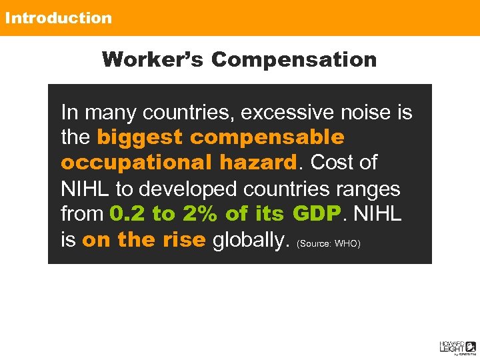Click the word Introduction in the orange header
tap(58, 18)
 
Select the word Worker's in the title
tap(153, 59)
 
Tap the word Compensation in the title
tap(294, 59)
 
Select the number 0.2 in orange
tap(127, 214)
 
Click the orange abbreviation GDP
tap(316, 214)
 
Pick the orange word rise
tap(182, 240)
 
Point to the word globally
tap(249, 240)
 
